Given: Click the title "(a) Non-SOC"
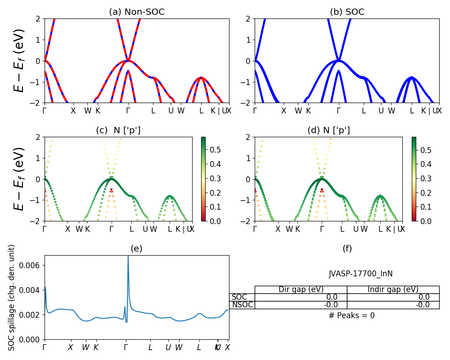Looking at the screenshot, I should [x=137, y=12].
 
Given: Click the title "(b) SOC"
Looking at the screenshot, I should [x=347, y=12].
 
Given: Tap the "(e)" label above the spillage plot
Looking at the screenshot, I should [x=136, y=248].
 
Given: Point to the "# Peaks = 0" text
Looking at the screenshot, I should [x=351, y=315].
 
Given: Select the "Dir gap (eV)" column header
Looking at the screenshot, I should [x=301, y=289].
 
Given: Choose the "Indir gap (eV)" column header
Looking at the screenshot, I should [x=393, y=289].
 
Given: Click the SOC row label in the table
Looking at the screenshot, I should [x=239, y=297].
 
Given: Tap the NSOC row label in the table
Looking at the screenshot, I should [x=243, y=305].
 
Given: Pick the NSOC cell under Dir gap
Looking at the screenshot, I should [x=301, y=305].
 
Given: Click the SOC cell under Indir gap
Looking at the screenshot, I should [x=393, y=297].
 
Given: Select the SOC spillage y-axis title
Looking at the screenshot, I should [x=12, y=297].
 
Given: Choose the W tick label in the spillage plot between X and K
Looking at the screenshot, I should [x=85, y=347].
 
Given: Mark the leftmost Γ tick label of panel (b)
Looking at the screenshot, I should [x=255, y=111].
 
